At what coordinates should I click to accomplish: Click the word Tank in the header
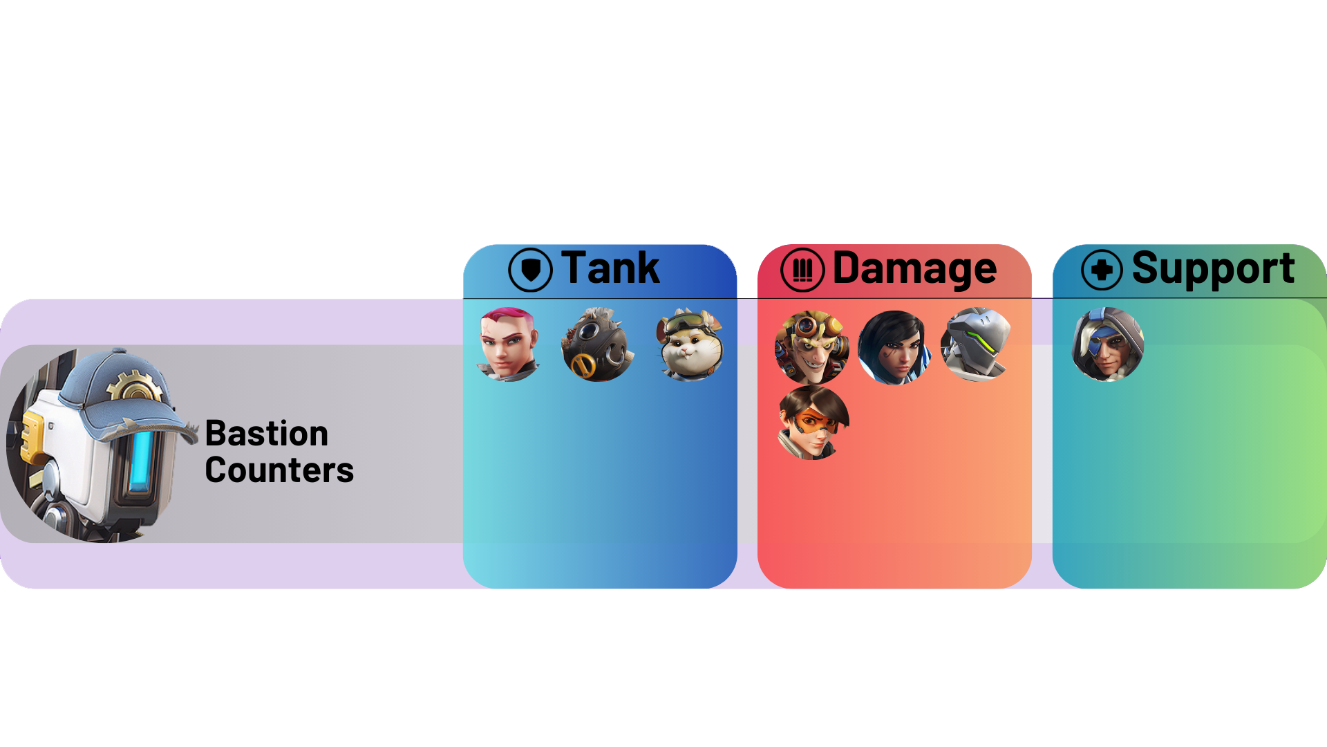610,268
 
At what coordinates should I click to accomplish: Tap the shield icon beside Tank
530,270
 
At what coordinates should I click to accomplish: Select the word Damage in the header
914,268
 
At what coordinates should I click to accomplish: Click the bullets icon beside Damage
802,270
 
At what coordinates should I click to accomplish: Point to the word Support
1212,268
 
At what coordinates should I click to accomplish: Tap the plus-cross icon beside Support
1102,270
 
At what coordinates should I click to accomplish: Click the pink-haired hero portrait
509,344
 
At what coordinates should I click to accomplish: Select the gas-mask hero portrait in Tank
597,344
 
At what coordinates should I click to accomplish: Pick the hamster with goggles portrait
690,344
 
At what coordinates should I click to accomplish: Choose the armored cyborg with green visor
976,344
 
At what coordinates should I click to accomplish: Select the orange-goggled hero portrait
813,423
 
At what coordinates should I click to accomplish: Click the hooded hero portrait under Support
1107,344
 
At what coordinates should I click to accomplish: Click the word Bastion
267,434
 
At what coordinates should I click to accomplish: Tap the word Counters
279,470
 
